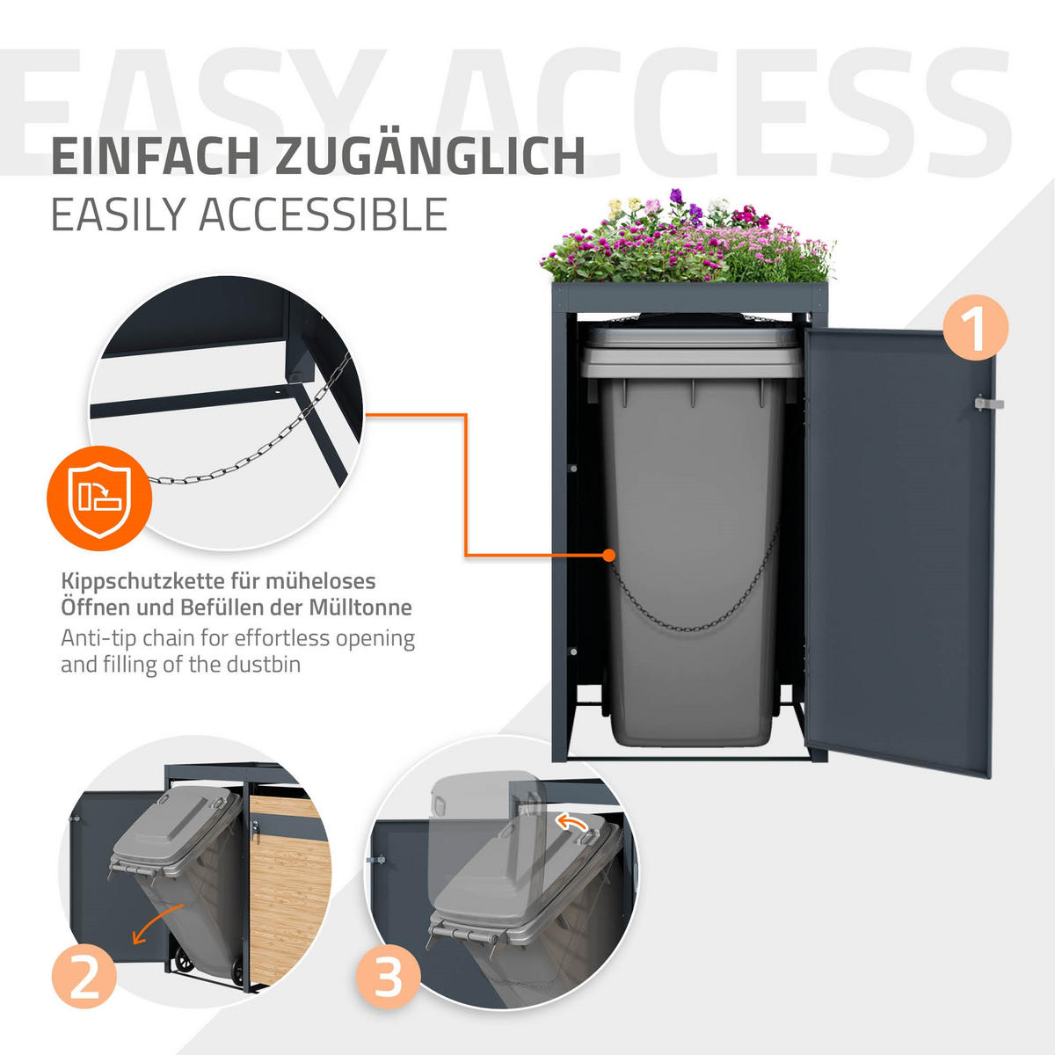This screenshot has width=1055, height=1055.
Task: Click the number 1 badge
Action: coord(975,327)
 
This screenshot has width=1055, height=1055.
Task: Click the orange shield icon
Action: coord(99,498)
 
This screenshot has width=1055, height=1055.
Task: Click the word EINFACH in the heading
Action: coord(155,157)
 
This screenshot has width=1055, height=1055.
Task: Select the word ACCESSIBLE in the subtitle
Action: coord(323,215)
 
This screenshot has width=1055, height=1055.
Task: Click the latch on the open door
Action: coord(989,404)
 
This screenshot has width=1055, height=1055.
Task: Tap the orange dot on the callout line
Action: coord(608,555)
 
